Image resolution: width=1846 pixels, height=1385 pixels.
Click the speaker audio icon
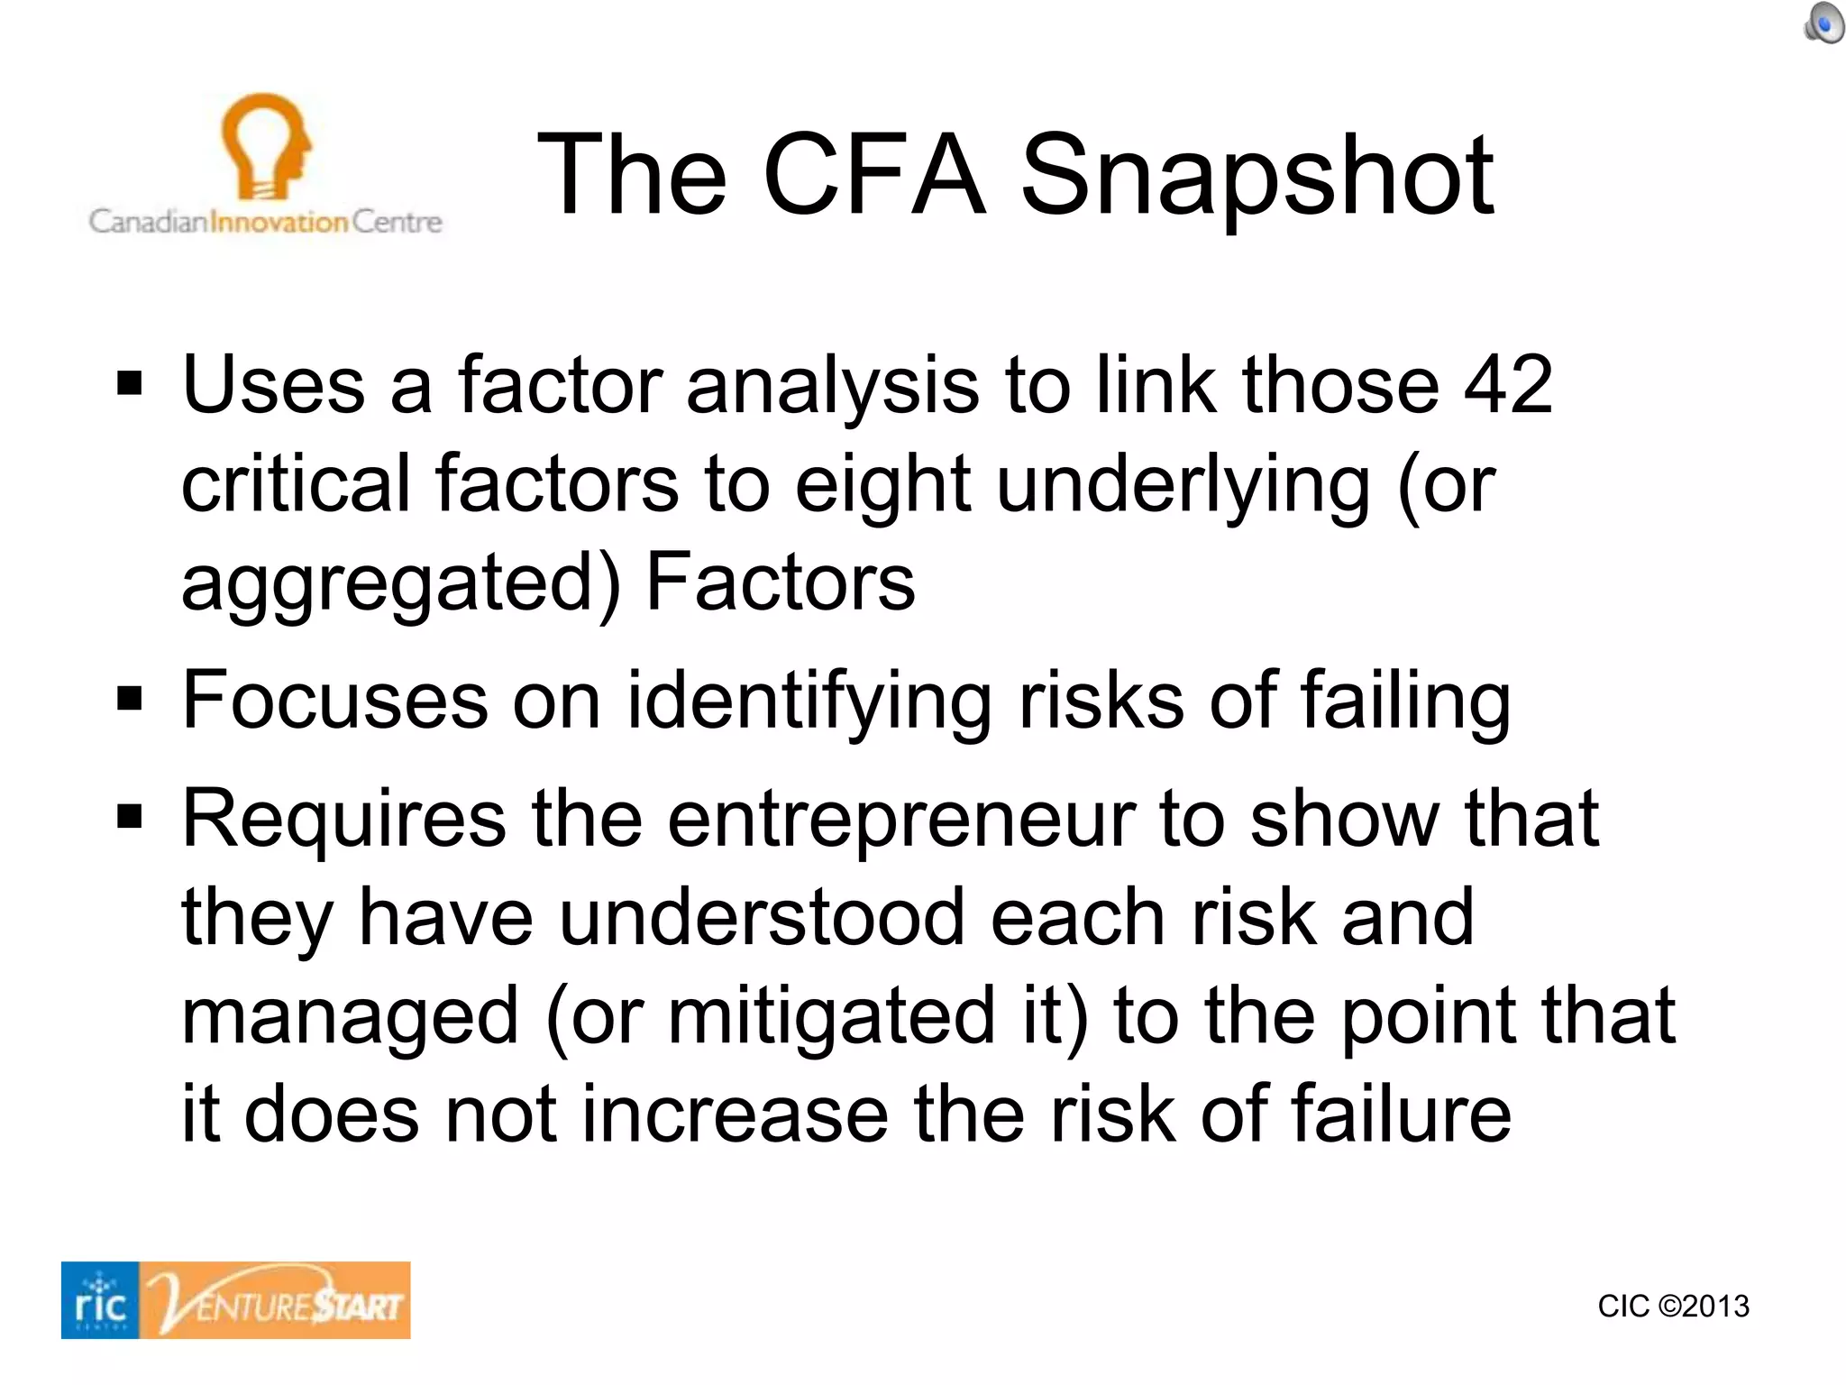(1823, 23)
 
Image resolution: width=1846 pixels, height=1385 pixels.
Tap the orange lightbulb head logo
(266, 144)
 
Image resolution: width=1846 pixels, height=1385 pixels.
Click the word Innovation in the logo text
(279, 222)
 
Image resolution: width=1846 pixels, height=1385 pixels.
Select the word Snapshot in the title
(1257, 176)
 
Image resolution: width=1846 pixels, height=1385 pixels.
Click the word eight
(882, 484)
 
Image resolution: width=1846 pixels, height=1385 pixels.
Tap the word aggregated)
(401, 583)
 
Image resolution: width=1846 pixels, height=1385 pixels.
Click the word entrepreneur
(900, 821)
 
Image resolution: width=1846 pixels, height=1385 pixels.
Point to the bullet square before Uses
(130, 384)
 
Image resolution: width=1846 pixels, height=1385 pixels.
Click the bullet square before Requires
(130, 817)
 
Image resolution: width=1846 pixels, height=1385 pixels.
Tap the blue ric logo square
(100, 1300)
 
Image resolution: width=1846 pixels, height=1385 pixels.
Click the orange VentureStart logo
(276, 1300)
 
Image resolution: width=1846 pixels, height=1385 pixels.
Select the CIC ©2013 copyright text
(1673, 1307)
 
